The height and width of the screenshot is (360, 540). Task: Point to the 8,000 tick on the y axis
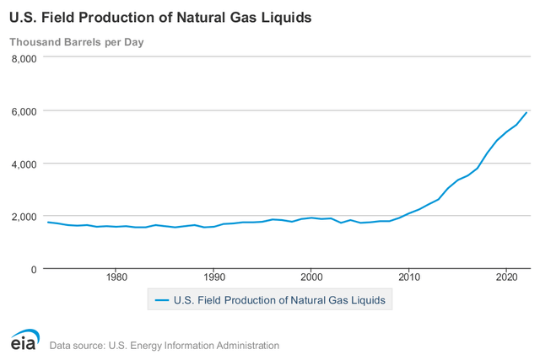(x=24, y=58)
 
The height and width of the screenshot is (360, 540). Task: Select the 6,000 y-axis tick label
(x=24, y=111)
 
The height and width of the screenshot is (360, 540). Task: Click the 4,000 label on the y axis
(x=24, y=164)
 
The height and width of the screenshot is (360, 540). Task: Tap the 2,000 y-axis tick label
(x=24, y=217)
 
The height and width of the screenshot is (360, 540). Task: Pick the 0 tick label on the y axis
(x=35, y=269)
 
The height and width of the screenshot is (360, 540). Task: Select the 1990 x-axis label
(x=214, y=277)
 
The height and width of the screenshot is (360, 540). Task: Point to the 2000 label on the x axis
(x=311, y=277)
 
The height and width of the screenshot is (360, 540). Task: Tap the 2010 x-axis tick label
(x=409, y=277)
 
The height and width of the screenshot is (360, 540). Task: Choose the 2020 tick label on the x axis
(x=506, y=277)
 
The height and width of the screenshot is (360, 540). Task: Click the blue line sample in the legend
(x=161, y=299)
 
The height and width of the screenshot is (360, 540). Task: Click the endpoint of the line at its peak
(x=526, y=112)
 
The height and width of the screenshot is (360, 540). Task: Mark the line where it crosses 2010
(x=409, y=213)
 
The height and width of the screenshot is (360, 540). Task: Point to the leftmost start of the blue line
(x=47, y=222)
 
